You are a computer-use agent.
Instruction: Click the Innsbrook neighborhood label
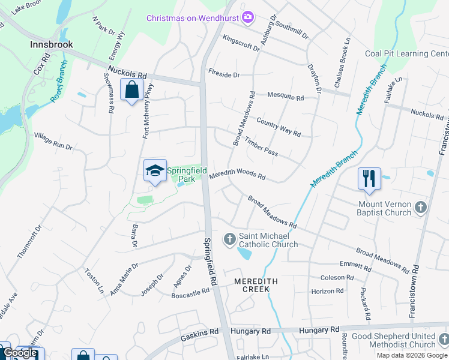(52, 44)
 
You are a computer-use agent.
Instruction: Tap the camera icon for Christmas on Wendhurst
(247, 17)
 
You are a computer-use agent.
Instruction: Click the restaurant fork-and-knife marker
(369, 178)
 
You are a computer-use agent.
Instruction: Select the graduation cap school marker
(155, 171)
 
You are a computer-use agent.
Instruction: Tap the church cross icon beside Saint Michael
(229, 240)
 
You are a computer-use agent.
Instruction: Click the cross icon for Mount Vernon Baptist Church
(421, 208)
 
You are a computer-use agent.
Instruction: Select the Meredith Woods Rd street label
(237, 174)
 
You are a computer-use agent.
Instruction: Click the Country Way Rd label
(278, 127)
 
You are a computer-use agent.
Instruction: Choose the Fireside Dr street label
(224, 75)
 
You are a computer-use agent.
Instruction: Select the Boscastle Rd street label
(190, 292)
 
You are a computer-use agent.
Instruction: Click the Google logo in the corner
(20, 353)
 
